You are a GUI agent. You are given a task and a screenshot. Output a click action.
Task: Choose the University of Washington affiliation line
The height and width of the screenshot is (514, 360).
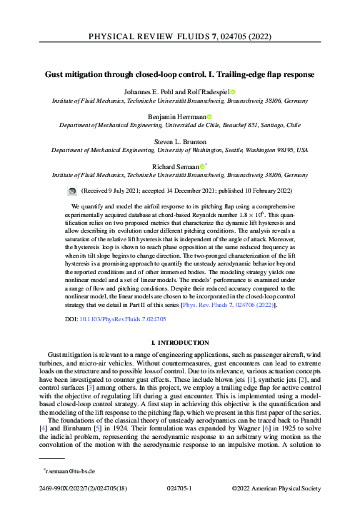[179, 150]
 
